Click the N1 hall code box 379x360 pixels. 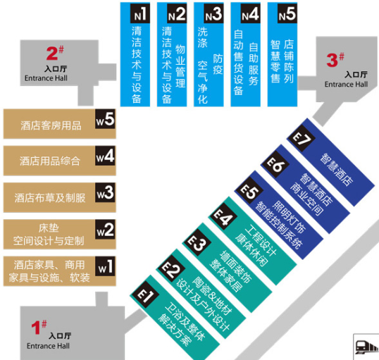click(x=140, y=13)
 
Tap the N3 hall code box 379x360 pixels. click(x=213, y=13)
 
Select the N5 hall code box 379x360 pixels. click(x=287, y=13)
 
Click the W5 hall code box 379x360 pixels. click(x=105, y=119)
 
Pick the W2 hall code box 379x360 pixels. click(x=105, y=229)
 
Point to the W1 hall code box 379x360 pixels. click(x=105, y=266)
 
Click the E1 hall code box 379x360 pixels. click(x=145, y=295)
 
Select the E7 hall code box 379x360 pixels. click(x=302, y=139)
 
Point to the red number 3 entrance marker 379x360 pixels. click(x=335, y=60)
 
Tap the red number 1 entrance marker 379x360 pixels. click(x=39, y=327)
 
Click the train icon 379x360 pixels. click(x=366, y=347)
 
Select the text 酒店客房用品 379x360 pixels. click(x=51, y=125)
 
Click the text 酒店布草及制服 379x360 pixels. click(x=50, y=198)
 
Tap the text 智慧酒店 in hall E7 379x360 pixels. click(x=336, y=170)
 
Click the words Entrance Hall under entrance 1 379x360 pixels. click(x=48, y=346)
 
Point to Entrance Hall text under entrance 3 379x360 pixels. click(x=346, y=84)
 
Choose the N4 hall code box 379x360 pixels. click(x=250, y=13)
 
